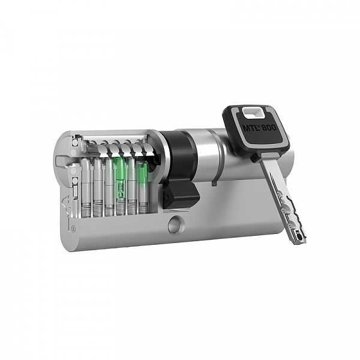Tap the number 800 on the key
[269, 127]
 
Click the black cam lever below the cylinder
[181, 194]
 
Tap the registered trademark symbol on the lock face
[73, 229]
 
